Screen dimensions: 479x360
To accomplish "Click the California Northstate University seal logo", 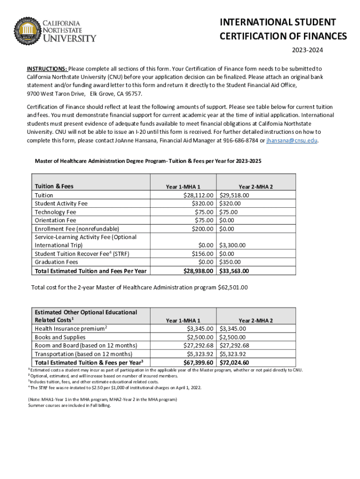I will click(29, 31).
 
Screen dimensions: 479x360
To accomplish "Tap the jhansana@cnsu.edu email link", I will click(292, 140).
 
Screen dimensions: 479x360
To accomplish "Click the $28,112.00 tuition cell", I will click(199, 195).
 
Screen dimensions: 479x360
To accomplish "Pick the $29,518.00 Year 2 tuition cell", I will click(234, 195).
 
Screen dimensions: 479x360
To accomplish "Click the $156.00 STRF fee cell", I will click(203, 254).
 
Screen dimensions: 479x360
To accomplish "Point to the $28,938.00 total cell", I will click(199, 271).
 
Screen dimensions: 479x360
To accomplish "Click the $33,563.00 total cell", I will click(234, 271).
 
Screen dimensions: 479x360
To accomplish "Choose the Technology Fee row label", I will click(56, 212).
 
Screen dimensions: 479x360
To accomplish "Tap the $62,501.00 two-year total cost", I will click(233, 287).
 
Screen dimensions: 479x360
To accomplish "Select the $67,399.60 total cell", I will click(199, 363).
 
